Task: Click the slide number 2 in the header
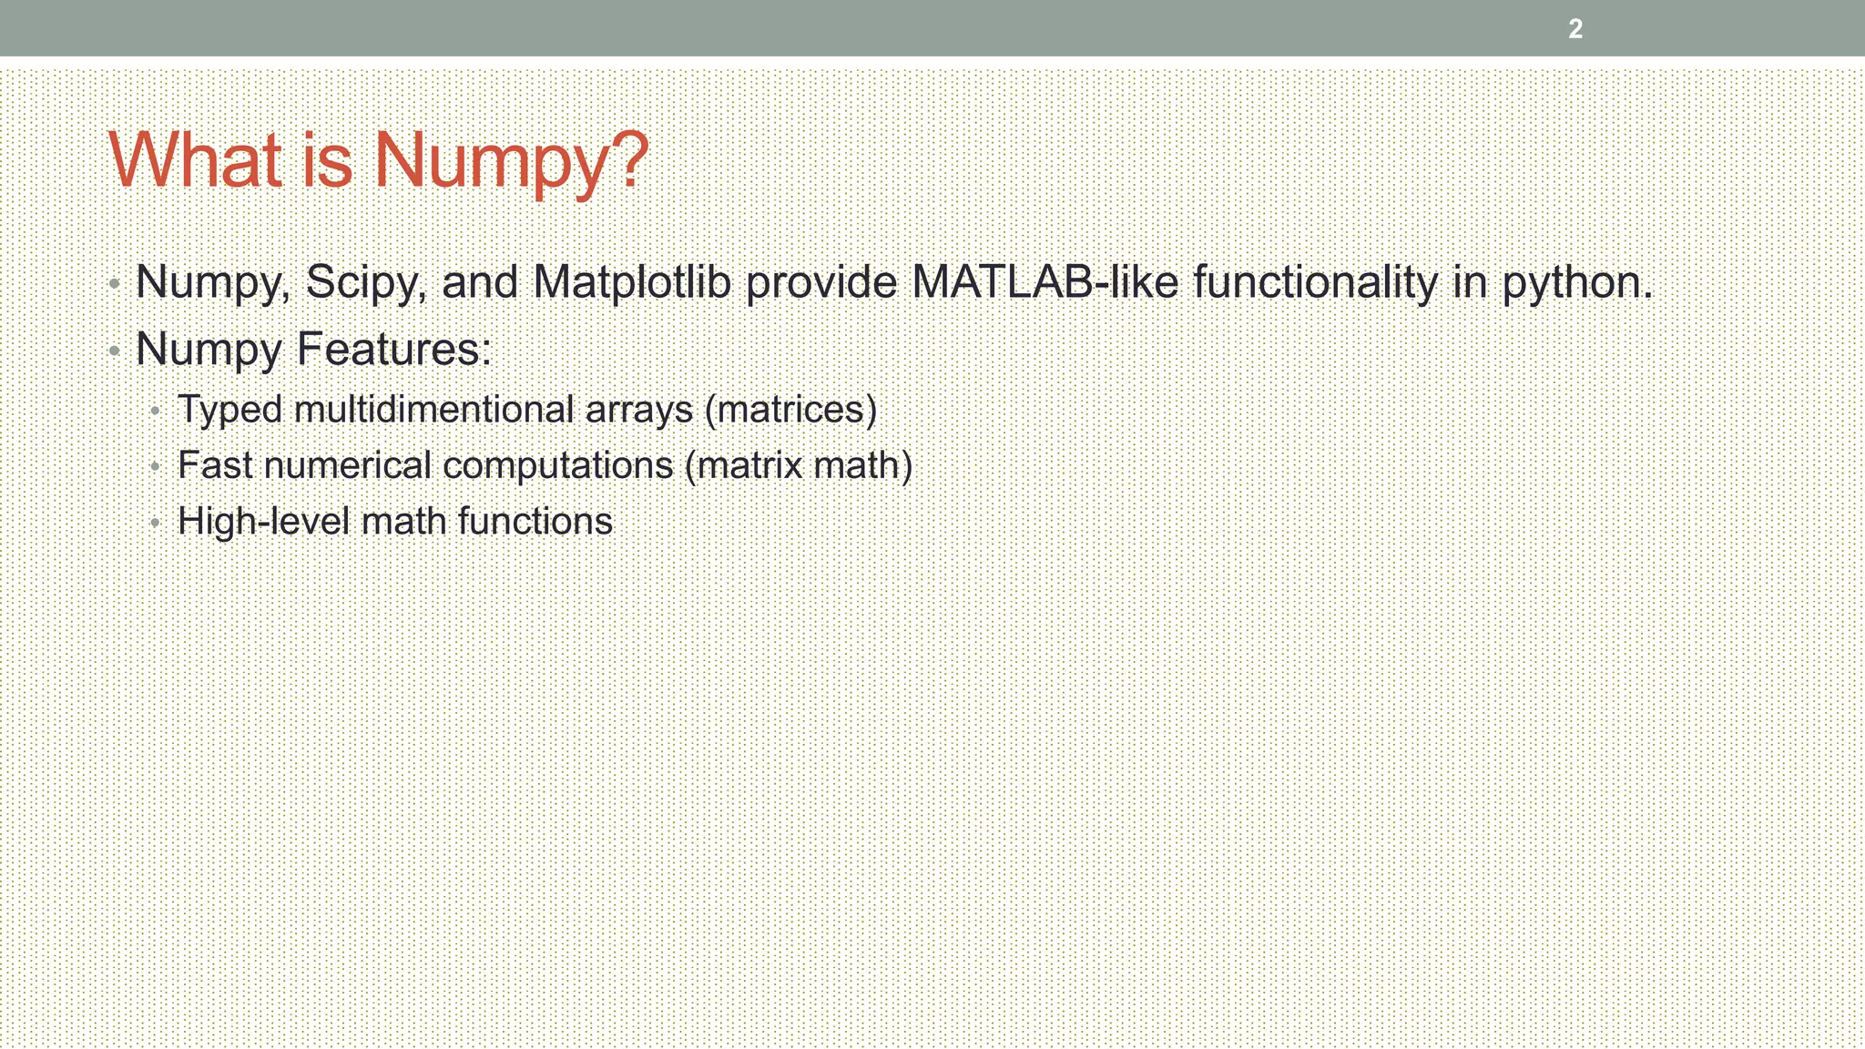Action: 1575,29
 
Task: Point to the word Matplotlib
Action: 632,282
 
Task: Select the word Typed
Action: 229,411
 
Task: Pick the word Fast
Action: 215,465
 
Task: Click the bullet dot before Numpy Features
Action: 114,350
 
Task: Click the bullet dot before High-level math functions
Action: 156,523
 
